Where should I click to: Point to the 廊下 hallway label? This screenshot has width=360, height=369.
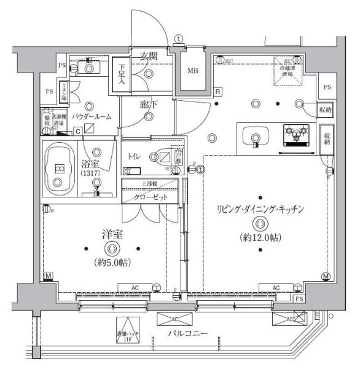(148, 105)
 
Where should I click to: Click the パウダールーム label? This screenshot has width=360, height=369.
(91, 116)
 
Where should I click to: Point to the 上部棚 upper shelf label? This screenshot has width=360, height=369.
(150, 183)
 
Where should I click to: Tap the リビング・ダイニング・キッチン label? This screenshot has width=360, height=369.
(260, 210)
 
